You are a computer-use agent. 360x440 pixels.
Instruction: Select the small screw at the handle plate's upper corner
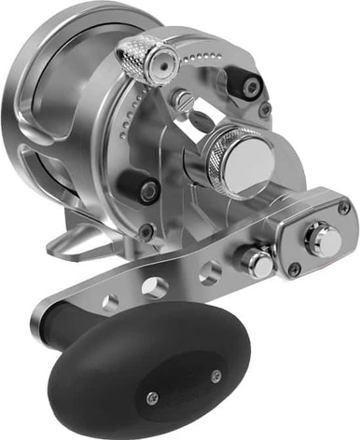pyautogui.click(x=344, y=208)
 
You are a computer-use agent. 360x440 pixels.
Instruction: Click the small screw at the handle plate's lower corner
pyautogui.click(x=295, y=271)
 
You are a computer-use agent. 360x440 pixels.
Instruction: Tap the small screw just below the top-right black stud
pyautogui.click(x=265, y=110)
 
